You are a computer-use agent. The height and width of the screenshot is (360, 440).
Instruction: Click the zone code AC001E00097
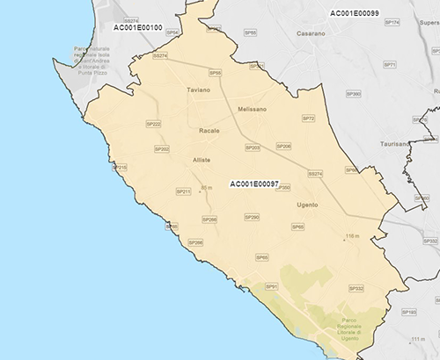253,184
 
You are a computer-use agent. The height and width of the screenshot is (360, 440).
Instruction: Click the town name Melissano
252,109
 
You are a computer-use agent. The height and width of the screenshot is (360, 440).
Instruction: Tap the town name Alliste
202,160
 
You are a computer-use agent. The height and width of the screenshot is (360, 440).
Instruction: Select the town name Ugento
308,205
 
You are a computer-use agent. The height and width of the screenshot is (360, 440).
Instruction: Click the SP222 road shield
152,125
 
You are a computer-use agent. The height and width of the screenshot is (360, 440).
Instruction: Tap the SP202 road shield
161,149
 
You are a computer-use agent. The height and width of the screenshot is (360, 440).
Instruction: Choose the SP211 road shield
184,191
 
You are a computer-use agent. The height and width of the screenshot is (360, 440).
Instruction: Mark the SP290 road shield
252,217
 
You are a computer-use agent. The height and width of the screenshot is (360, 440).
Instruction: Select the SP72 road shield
308,118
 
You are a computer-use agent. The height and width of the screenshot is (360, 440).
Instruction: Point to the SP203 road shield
253,148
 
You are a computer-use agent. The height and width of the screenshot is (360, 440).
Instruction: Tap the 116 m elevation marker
353,236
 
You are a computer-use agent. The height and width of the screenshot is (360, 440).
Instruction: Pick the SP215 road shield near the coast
120,167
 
